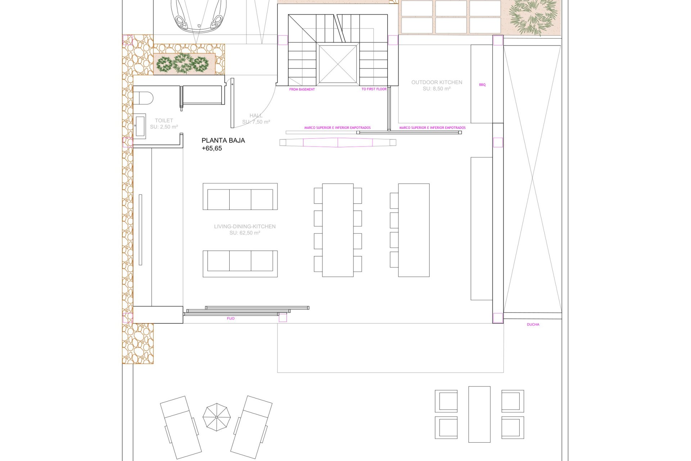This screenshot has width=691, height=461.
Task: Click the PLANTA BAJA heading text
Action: pos(223,140)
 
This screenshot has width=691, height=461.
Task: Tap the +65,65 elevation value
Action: pos(212,148)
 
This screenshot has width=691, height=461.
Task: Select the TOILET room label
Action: pos(164,120)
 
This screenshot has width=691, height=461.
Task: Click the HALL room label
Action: pos(256,116)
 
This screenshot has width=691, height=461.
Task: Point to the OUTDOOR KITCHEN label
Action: pos(437,82)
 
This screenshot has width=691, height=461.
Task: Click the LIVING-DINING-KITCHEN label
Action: pos(245,227)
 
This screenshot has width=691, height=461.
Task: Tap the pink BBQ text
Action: pos(482,85)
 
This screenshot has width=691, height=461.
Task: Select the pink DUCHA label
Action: pos(533,325)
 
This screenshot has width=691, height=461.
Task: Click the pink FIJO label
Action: pos(231,319)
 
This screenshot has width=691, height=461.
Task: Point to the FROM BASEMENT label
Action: pos(302,89)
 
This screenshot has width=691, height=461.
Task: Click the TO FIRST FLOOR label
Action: pos(374,89)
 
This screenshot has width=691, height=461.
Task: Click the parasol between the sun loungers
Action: pos(217,417)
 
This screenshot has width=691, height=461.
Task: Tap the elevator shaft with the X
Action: pos(338,64)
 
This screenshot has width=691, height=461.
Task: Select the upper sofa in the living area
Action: pos(240,197)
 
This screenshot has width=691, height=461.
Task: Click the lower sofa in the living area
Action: pos(240,264)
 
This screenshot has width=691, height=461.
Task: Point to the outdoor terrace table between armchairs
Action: pos(479,414)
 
